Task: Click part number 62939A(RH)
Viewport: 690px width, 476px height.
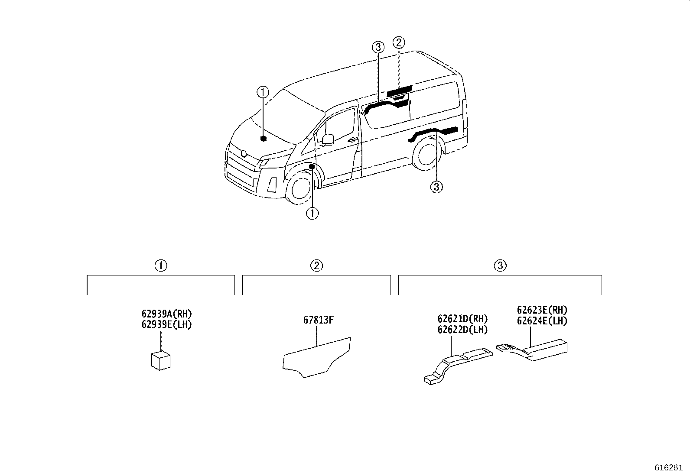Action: [166, 314]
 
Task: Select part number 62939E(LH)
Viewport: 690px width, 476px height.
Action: [166, 324]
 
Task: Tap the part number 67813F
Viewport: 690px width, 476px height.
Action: [318, 321]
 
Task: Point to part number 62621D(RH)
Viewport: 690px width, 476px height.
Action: [462, 319]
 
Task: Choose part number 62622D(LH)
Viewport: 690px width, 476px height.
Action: [462, 330]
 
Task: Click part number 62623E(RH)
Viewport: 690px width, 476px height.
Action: [542, 310]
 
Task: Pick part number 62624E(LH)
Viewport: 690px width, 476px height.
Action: [542, 321]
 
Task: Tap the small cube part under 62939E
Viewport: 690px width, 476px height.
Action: [160, 361]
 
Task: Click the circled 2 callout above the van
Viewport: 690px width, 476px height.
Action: [399, 42]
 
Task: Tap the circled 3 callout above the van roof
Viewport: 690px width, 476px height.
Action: [378, 47]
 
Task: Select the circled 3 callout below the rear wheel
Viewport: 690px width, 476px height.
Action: [436, 187]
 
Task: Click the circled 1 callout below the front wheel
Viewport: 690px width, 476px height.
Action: [312, 213]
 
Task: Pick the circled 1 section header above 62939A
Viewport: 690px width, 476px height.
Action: [161, 266]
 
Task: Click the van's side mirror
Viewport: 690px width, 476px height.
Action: [327, 139]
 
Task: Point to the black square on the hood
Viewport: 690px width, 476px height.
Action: [263, 139]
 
